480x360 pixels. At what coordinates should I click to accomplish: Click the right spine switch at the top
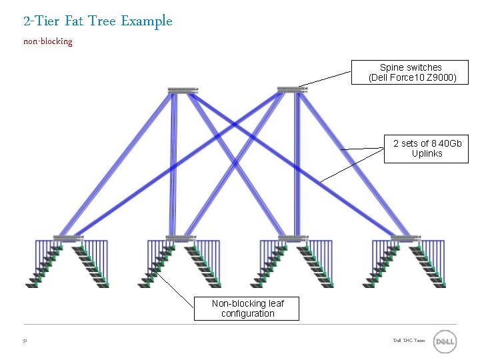coord(292,89)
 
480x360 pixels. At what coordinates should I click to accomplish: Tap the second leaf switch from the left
coord(181,238)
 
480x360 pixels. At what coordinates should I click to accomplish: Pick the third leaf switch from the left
coord(293,238)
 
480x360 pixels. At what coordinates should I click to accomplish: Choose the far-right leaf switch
coord(406,238)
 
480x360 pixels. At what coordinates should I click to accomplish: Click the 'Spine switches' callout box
coord(410,73)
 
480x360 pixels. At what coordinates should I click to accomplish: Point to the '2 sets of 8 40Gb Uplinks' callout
coord(427,148)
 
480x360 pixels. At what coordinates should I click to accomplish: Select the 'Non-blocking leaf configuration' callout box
coord(247,308)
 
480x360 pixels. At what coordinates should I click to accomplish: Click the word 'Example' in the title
coord(147,21)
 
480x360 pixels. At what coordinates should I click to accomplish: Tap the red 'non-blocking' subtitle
coord(47,41)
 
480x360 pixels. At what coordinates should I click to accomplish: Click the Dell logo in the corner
coord(445,342)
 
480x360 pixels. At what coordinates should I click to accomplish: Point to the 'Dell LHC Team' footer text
coord(409,341)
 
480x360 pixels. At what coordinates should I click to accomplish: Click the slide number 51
coord(25,341)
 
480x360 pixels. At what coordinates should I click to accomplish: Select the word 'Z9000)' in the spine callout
coord(442,78)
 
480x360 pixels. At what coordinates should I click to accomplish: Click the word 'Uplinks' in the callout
coord(427,153)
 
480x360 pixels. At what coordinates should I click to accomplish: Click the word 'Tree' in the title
coord(101,21)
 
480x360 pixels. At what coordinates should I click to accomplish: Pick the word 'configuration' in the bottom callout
coord(247,313)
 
